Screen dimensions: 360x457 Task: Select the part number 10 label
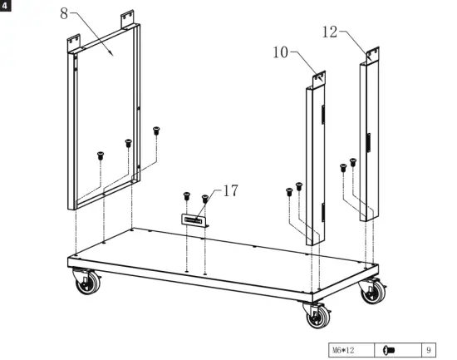pos(280,53)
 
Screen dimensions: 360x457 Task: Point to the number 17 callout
pos(230,191)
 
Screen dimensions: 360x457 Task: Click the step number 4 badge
pos(6,6)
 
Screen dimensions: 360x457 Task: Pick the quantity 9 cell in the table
pos(428,350)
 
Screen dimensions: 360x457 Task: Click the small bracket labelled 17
pos(194,219)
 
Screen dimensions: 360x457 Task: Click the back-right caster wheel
pos(369,292)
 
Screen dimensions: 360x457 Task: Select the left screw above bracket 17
pos(186,197)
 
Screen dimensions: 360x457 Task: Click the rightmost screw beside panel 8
pos(155,130)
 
